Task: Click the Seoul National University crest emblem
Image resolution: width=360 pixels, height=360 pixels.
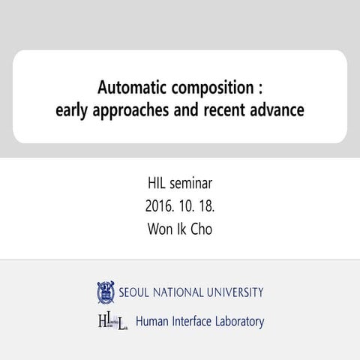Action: coord(104,292)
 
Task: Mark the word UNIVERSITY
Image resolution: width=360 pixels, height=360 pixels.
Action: coord(234,292)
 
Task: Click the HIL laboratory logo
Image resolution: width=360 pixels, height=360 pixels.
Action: coord(112,322)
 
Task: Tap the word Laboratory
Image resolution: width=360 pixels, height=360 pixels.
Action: coord(242,322)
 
